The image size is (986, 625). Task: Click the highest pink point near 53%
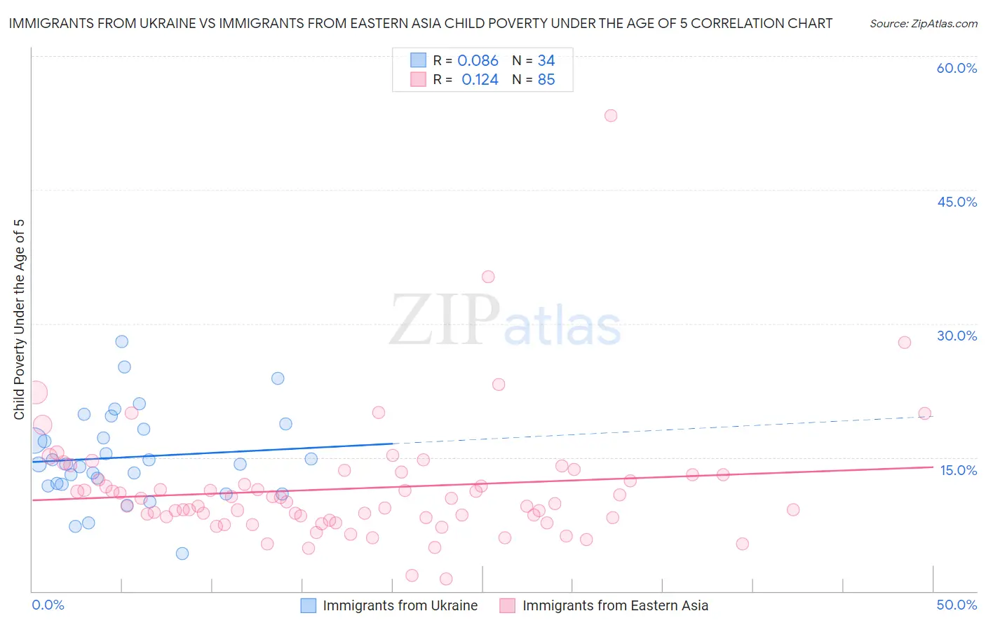click(x=611, y=116)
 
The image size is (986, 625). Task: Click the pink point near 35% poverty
click(x=488, y=277)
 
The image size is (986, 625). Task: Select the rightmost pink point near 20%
click(x=924, y=413)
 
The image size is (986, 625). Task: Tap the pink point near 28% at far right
click(x=905, y=343)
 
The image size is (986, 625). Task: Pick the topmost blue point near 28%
click(x=122, y=342)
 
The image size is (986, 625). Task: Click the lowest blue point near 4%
click(x=182, y=554)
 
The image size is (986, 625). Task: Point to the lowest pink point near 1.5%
click(x=446, y=579)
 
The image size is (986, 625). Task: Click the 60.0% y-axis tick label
click(x=957, y=69)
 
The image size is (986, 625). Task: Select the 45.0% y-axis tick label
click(x=957, y=202)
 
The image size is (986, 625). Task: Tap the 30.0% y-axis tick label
click(x=957, y=336)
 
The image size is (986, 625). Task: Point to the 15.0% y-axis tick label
click(x=958, y=470)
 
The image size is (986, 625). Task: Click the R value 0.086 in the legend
click(x=478, y=61)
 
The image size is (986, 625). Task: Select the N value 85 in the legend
click(x=546, y=80)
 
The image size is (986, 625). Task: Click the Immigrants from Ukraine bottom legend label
click(x=400, y=606)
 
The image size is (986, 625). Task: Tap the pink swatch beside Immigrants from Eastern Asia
click(x=507, y=606)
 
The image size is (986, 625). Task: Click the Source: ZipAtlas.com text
click(x=923, y=24)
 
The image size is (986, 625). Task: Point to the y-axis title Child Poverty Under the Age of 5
click(x=20, y=320)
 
